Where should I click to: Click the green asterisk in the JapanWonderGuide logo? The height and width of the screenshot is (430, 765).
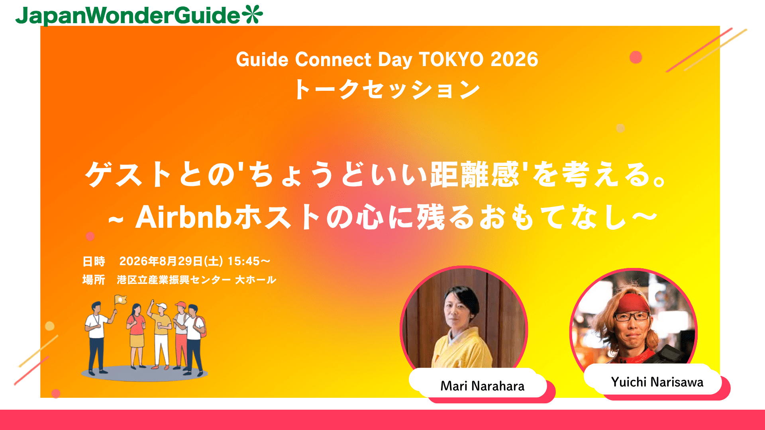pyautogui.click(x=252, y=14)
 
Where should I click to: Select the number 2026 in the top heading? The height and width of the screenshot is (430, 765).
pyautogui.click(x=514, y=59)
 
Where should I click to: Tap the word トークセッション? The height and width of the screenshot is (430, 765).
pyautogui.click(x=387, y=89)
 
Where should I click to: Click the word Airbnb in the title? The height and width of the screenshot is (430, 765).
pyautogui.click(x=184, y=217)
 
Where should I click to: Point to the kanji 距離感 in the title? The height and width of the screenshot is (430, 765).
pyautogui.click(x=475, y=174)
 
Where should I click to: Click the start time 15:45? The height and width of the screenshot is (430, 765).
pyautogui.click(x=244, y=261)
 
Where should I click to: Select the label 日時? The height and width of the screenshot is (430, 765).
pyautogui.click(x=94, y=261)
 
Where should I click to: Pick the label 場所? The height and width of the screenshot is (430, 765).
pyautogui.click(x=94, y=280)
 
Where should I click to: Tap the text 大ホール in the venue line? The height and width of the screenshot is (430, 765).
pyautogui.click(x=256, y=280)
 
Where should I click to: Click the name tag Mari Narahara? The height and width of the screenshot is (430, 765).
pyautogui.click(x=482, y=386)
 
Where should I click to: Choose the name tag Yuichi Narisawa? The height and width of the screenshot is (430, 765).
pyautogui.click(x=657, y=382)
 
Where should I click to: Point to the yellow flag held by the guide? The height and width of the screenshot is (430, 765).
pyautogui.click(x=120, y=299)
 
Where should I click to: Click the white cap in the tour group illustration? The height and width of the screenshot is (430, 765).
pyautogui.click(x=161, y=306)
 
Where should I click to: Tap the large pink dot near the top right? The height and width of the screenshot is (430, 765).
pyautogui.click(x=636, y=57)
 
